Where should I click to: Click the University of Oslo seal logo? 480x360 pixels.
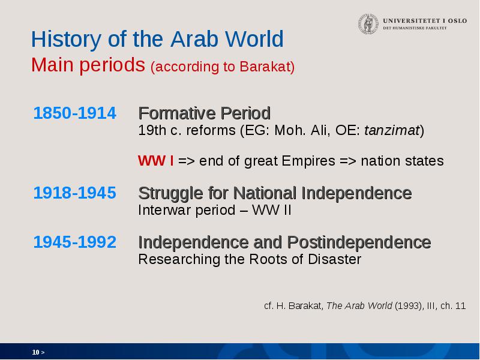[x=368, y=23]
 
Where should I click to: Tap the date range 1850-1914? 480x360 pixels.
[x=74, y=113]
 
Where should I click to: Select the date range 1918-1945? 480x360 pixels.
[x=74, y=193]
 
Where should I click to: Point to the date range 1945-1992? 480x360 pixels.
[x=74, y=242]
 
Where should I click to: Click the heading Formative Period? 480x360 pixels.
[x=205, y=113]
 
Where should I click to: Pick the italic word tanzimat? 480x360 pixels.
[x=392, y=130]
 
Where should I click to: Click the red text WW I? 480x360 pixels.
[x=156, y=161]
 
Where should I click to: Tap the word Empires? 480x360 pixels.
[x=308, y=161]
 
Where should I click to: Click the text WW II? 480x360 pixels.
[x=272, y=210]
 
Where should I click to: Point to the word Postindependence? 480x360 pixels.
[x=359, y=242]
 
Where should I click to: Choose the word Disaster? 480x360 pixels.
[x=335, y=259]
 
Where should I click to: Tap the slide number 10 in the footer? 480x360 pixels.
[x=35, y=352]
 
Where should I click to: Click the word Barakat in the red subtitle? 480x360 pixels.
[x=267, y=67]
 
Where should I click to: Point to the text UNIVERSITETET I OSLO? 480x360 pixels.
[x=425, y=21]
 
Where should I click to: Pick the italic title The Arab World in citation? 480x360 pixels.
[x=359, y=305]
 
